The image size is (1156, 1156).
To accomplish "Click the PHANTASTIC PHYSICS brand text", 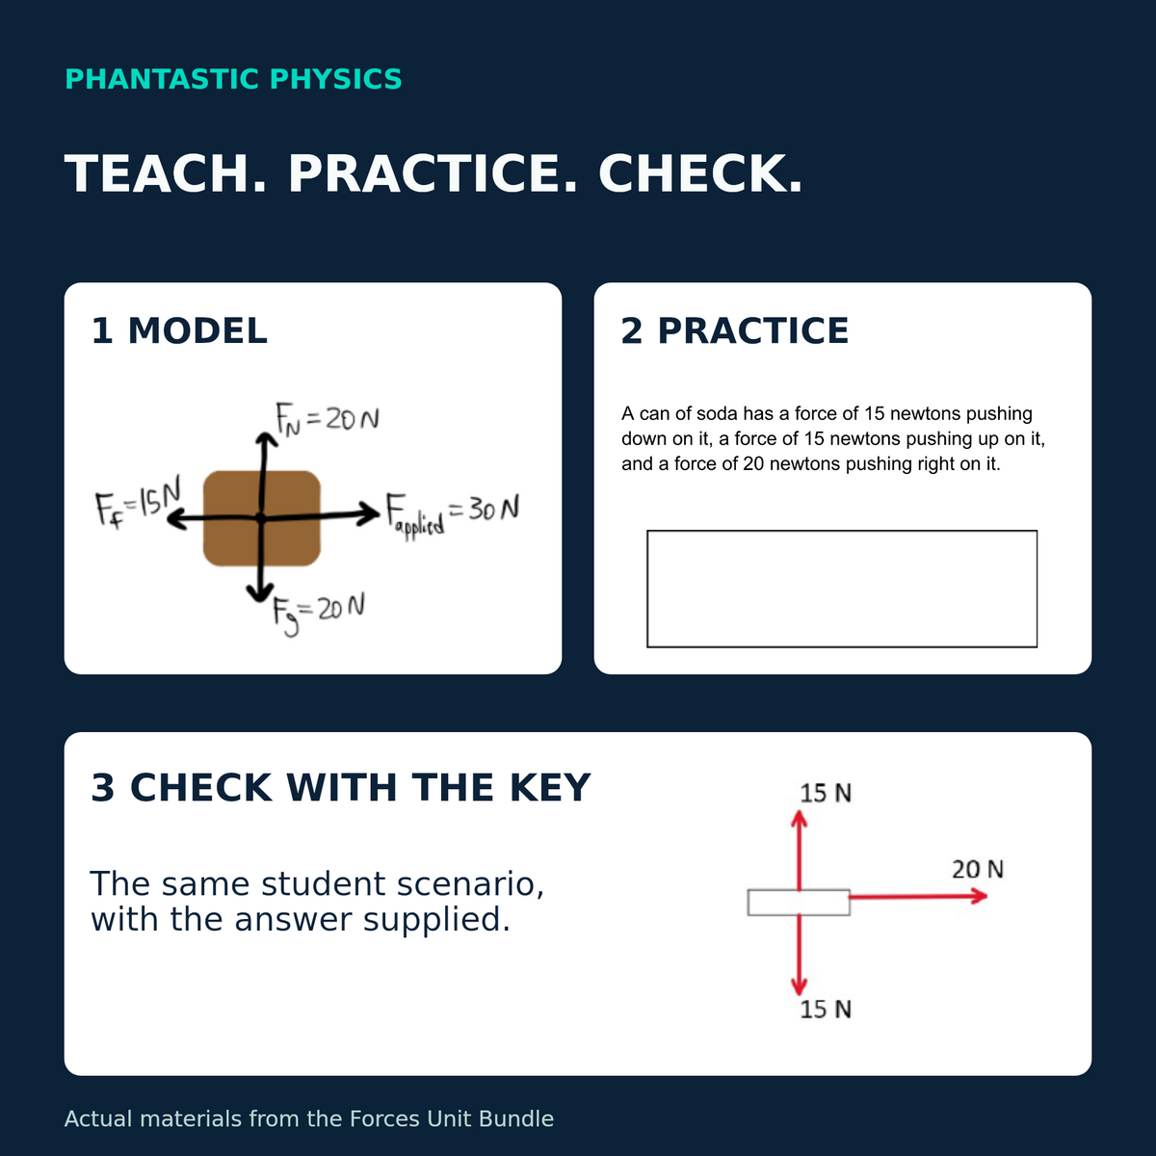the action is [x=233, y=79].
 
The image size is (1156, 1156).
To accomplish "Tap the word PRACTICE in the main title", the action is [x=432, y=174].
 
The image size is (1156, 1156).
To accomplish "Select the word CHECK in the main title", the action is [x=700, y=174].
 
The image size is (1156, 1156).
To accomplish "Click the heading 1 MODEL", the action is [x=179, y=330].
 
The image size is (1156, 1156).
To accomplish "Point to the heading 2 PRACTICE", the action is [x=735, y=330].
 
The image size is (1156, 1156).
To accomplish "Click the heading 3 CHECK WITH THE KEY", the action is [x=341, y=787].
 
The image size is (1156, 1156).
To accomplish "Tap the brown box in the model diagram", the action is [x=262, y=518].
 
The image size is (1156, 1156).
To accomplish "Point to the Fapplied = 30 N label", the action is [x=453, y=514].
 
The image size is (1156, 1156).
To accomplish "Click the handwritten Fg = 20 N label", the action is [x=319, y=614].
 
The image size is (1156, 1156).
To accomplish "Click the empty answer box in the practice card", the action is [x=842, y=589].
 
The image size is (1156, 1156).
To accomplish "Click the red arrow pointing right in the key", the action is [x=918, y=896].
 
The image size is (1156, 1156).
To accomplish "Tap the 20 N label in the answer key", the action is [x=978, y=869].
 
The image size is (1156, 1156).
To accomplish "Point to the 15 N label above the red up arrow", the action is [x=826, y=793].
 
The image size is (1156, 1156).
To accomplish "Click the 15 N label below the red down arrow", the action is [x=826, y=1010].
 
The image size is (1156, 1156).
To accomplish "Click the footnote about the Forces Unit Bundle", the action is [x=309, y=1118].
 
